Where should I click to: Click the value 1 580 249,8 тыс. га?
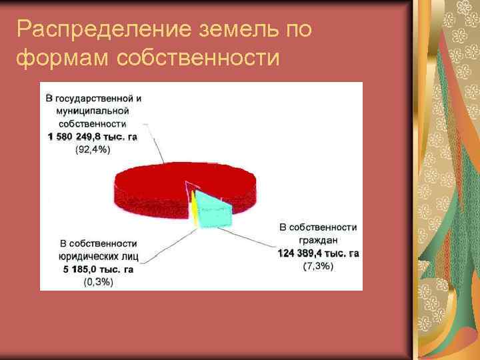pyautogui.click(x=93, y=137)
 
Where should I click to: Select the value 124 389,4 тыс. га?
pyautogui.click(x=318, y=253)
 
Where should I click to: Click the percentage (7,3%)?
pyautogui.click(x=318, y=267)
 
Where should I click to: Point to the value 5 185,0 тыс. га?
pyautogui.click(x=99, y=269)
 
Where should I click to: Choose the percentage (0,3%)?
pyautogui.click(x=99, y=281)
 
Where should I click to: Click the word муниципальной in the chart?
pyautogui.click(x=93, y=111)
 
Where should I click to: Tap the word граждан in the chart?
pyautogui.click(x=318, y=240)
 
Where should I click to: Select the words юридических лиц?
pyautogui.click(x=99, y=256)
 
